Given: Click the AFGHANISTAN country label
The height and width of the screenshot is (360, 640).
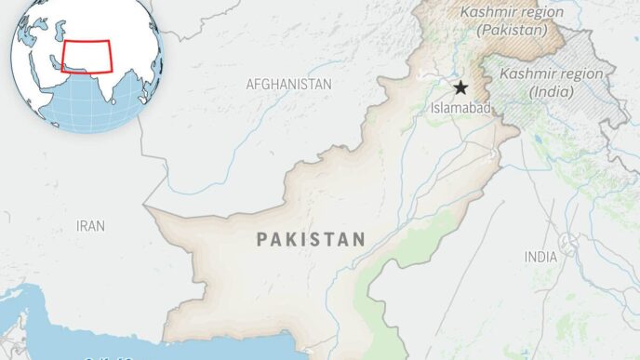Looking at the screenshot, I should click(x=288, y=84).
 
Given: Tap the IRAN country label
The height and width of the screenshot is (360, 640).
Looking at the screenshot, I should click(x=90, y=226).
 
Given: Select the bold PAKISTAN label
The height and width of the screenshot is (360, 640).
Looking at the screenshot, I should click(x=311, y=239).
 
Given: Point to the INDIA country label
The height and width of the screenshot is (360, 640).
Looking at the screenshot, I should click(x=540, y=256).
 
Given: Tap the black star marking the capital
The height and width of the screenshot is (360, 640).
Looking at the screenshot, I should click(x=460, y=87).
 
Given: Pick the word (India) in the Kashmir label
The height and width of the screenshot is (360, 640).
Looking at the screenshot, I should click(x=550, y=91).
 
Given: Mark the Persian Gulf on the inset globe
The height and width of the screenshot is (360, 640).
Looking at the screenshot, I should click(x=50, y=68).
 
